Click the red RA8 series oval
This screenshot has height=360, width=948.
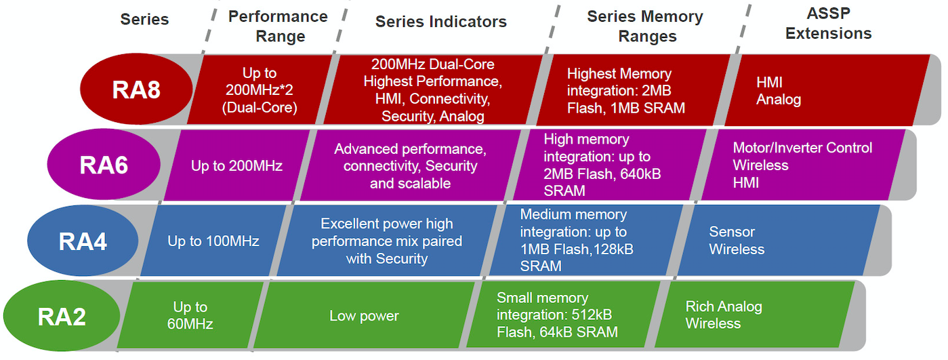(x=136, y=89)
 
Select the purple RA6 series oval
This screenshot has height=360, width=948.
(x=104, y=164)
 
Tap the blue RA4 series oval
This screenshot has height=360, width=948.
(x=83, y=241)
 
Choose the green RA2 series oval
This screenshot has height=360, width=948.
(x=62, y=316)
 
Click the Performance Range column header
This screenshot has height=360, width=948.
(x=278, y=26)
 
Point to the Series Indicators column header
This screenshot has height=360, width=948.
(x=441, y=22)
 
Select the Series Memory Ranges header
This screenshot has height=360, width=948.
(x=645, y=26)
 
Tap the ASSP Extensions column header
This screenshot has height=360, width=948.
(x=828, y=23)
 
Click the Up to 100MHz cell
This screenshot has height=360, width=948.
(x=213, y=241)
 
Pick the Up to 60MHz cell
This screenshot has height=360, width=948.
(x=190, y=315)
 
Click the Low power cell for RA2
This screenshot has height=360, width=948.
(x=364, y=315)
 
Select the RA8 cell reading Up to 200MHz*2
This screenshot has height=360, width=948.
(x=260, y=89)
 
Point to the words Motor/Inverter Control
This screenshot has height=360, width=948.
(x=802, y=148)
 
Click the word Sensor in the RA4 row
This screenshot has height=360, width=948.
(x=732, y=232)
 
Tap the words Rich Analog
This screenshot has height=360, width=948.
(x=724, y=306)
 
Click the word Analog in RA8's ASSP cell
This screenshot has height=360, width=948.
(x=779, y=100)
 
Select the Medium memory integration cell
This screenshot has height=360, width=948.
(x=586, y=240)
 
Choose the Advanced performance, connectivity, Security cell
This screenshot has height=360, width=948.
(x=410, y=165)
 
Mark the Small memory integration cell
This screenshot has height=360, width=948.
(x=563, y=315)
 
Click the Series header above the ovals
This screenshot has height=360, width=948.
(x=144, y=19)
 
